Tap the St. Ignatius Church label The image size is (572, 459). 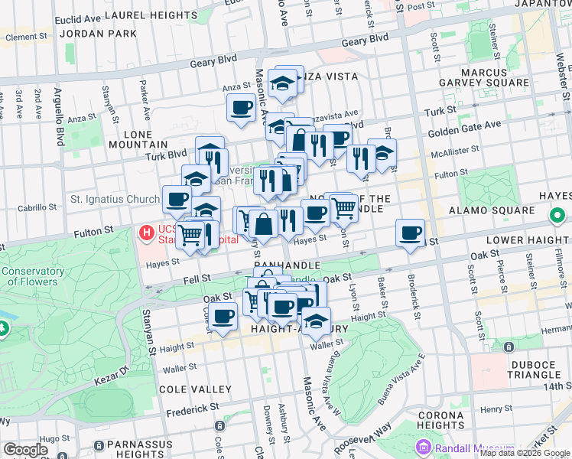[115, 199]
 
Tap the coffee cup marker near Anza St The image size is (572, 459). [242, 108]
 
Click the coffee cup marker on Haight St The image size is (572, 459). [223, 316]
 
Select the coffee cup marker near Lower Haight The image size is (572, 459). [411, 233]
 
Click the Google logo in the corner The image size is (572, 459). [25, 450]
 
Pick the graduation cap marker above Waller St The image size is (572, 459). [314, 320]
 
